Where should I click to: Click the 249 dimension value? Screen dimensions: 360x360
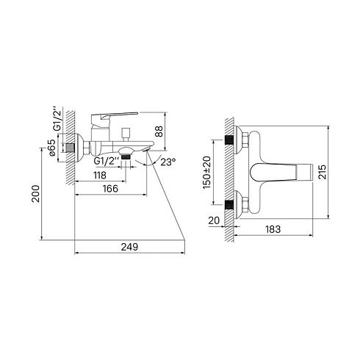(129, 247)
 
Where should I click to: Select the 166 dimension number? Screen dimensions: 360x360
(110, 189)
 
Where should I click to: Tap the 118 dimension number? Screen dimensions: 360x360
(100, 176)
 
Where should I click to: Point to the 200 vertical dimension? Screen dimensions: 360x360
(36, 193)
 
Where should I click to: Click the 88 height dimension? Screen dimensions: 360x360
(159, 132)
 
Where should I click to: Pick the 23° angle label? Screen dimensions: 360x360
(168, 162)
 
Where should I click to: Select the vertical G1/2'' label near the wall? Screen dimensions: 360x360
(57, 118)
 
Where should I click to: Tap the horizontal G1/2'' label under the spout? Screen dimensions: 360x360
(107, 161)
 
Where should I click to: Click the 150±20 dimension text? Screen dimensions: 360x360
(207, 172)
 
